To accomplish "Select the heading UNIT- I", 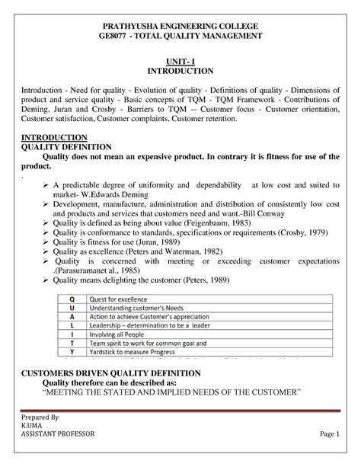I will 180,59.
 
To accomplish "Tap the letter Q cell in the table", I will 72,300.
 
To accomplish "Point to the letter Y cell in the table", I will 72,353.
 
